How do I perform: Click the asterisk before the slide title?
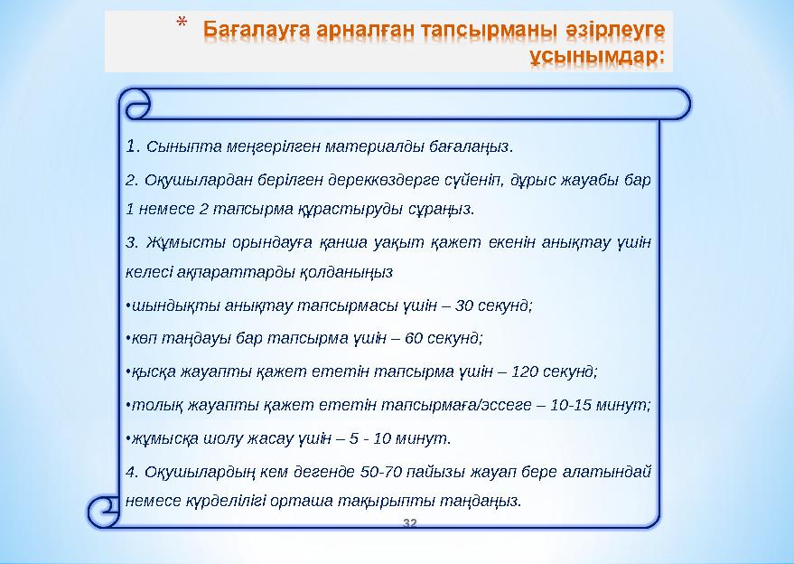pyautogui.click(x=182, y=23)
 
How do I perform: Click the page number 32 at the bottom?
pyautogui.click(x=409, y=523)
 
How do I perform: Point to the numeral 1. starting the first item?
pyautogui.click(x=134, y=145)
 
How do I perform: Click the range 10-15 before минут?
pyautogui.click(x=577, y=404)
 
